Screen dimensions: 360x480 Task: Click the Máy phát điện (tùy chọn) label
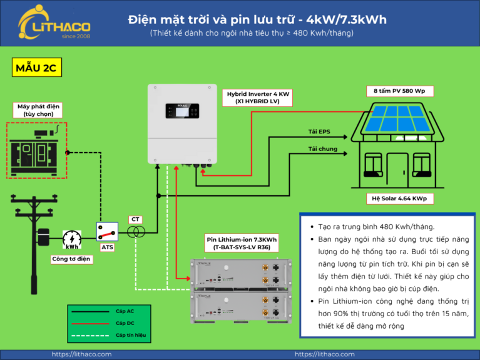coord(36,110)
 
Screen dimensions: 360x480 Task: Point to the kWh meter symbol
coord(72,240)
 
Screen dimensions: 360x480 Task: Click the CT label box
coord(136,219)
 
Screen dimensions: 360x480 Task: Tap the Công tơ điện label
coord(71,258)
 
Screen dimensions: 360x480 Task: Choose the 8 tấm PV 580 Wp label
coord(399,91)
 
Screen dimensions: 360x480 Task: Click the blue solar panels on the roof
coord(398,119)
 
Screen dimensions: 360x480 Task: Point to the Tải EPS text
coord(319,131)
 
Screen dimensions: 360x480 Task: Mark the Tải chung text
coord(322,149)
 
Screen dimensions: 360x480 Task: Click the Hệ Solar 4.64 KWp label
coord(399,199)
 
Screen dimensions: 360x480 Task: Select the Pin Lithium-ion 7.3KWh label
coord(242,242)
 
